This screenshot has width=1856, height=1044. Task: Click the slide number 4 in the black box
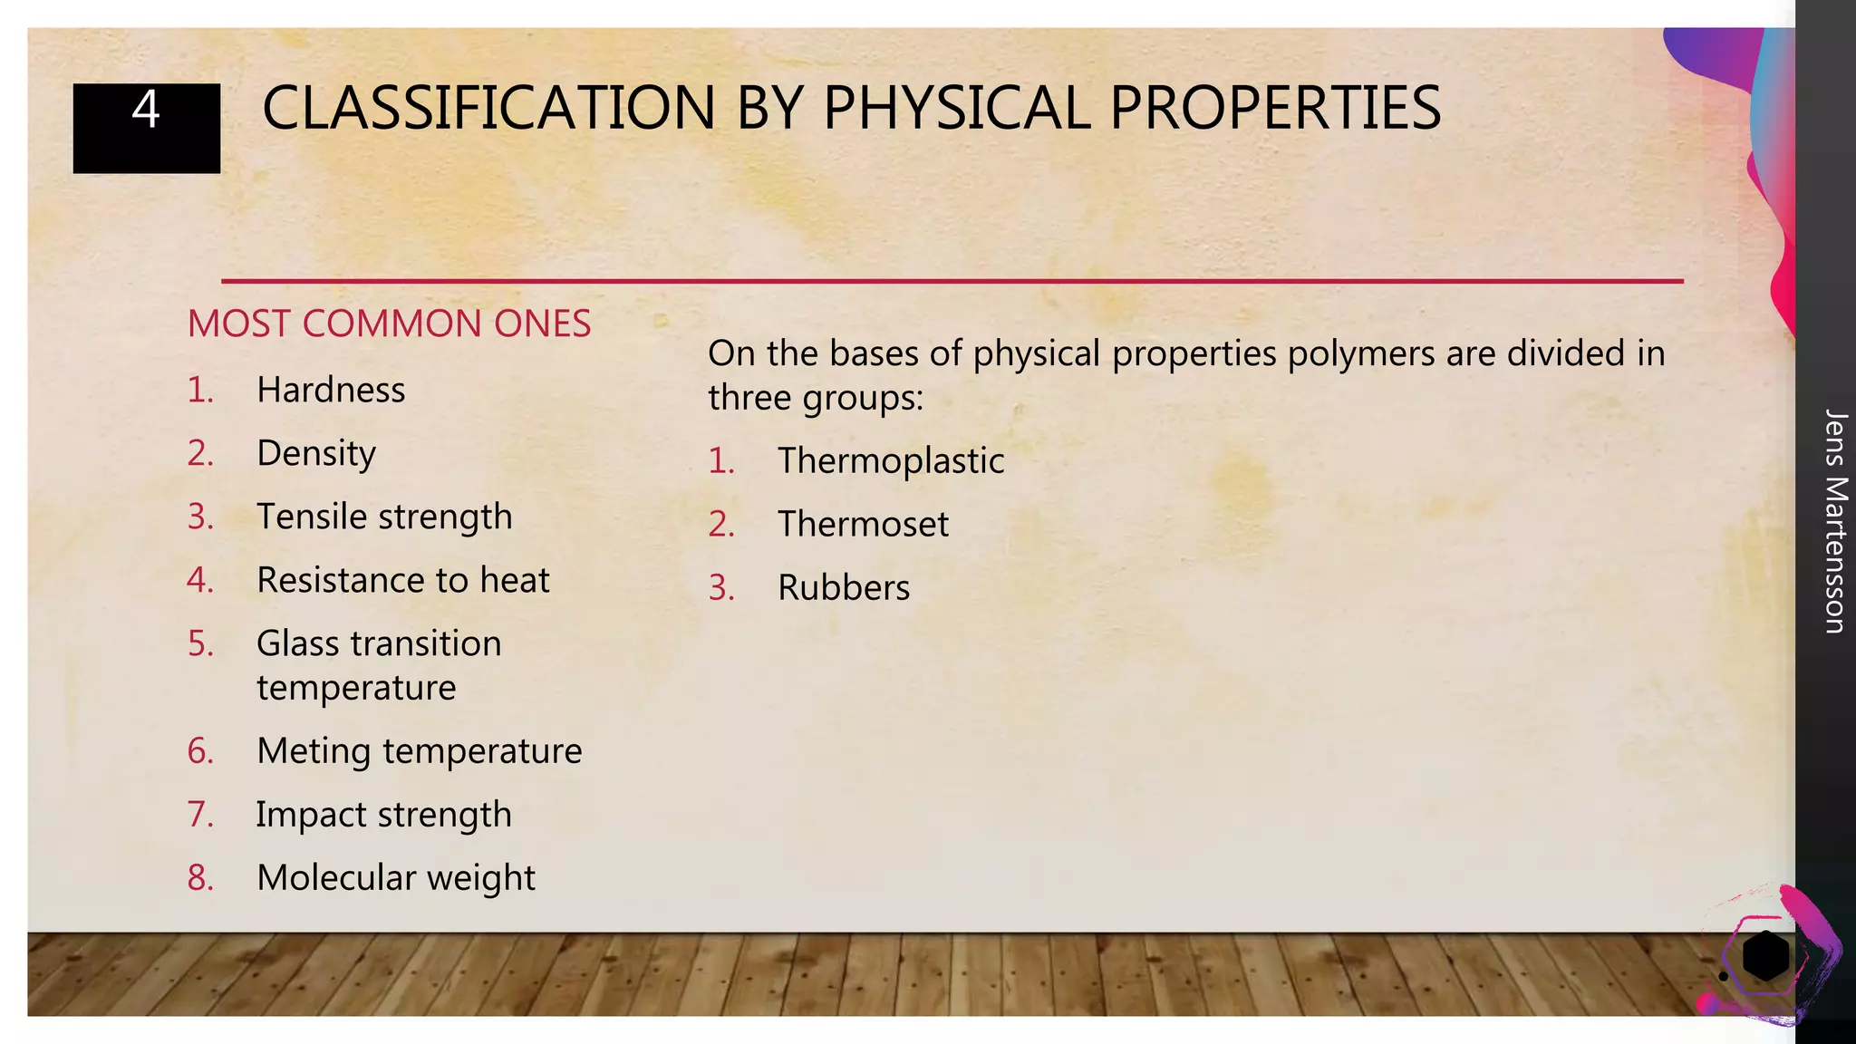[146, 111]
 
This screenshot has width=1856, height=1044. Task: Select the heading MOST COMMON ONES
[389, 324]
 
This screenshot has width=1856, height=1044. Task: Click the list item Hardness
[331, 391]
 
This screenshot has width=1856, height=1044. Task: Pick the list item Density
[316, 454]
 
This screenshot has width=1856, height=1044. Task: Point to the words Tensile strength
[384, 517]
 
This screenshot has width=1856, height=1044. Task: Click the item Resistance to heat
[402, 581]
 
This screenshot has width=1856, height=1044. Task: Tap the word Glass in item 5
[298, 644]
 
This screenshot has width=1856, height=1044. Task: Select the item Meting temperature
[419, 751]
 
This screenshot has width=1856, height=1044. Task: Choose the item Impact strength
[383, 815]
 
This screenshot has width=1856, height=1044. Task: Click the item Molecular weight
[396, 878]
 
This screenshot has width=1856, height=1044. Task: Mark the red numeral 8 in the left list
[200, 878]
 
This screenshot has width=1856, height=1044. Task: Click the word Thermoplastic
[891, 461]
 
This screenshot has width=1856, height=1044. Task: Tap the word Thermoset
[863, 525]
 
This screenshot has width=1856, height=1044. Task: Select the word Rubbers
[844, 588]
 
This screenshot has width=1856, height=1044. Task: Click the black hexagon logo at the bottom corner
[1764, 955]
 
